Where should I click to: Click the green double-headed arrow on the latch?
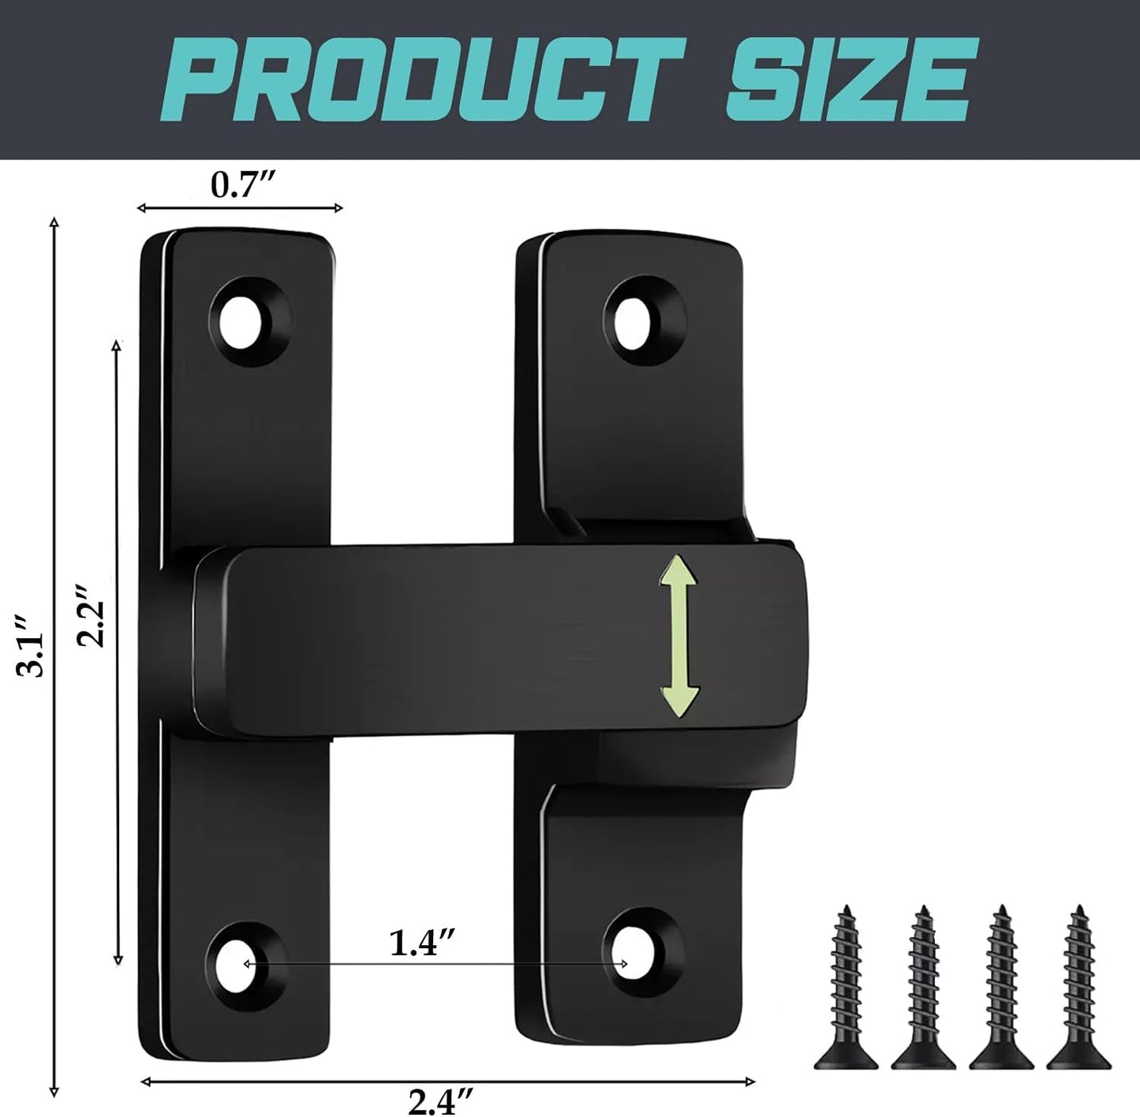679,636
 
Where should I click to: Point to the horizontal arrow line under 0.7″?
240,208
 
